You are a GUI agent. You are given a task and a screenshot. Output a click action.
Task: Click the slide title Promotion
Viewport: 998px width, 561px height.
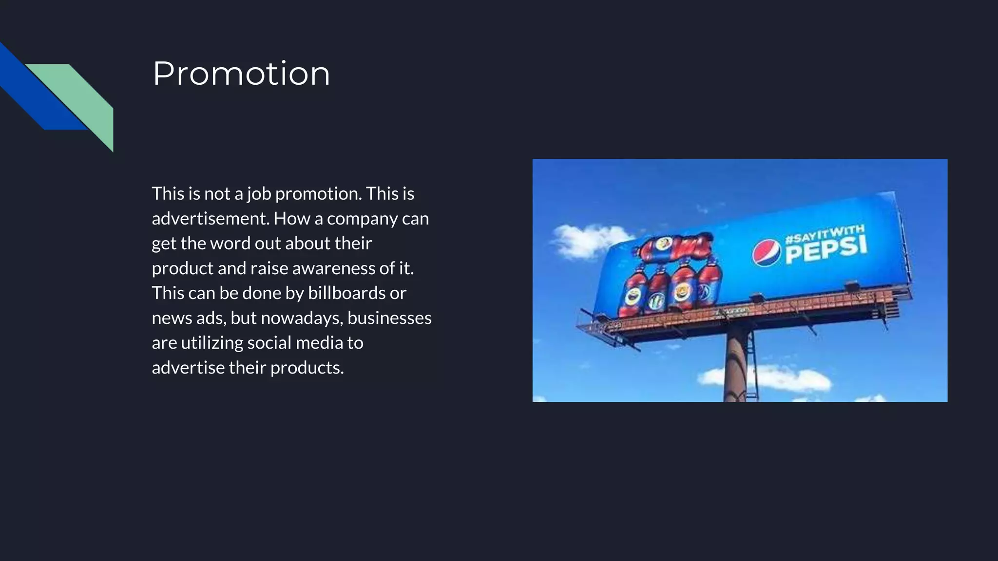click(x=241, y=74)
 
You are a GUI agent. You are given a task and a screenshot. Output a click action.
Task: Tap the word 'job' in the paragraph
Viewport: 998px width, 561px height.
click(x=259, y=194)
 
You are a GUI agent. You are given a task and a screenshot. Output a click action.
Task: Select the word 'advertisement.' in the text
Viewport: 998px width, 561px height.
click(x=210, y=219)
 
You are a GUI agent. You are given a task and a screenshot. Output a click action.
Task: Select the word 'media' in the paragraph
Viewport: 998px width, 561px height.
click(x=319, y=343)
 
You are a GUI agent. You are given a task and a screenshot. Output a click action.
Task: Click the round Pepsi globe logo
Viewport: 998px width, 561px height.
click(x=766, y=253)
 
